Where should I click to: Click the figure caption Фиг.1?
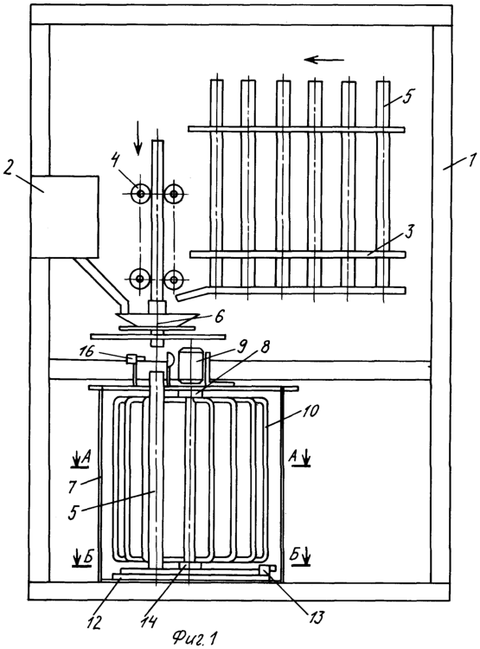(x=195, y=637)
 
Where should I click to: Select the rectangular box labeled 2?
(x=65, y=216)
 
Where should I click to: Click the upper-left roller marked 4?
(x=141, y=193)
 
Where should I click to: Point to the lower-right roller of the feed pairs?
(x=174, y=280)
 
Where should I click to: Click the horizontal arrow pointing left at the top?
(x=324, y=60)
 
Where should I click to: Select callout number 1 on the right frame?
(x=472, y=158)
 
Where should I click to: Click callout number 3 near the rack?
(x=409, y=232)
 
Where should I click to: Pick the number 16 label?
(x=87, y=352)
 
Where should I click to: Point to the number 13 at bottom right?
(x=315, y=617)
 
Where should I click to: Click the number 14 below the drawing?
(x=149, y=621)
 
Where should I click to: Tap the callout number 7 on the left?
(x=71, y=486)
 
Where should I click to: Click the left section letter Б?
(x=87, y=557)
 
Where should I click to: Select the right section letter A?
(x=292, y=457)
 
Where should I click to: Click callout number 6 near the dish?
(x=219, y=317)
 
